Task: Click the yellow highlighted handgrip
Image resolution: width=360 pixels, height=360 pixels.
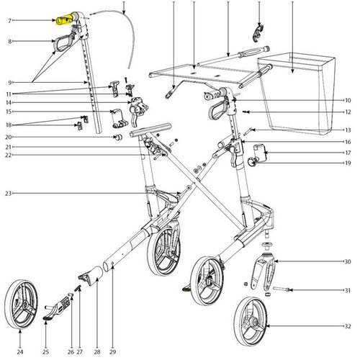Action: [x=64, y=19]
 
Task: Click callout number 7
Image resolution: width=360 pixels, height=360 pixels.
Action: [x=9, y=21]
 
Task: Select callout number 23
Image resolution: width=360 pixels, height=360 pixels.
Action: [x=8, y=194]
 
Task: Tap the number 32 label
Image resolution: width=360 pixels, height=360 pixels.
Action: [x=348, y=326]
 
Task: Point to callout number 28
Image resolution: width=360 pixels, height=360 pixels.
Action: [x=97, y=352]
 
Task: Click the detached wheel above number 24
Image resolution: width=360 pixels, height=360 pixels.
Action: [x=21, y=305]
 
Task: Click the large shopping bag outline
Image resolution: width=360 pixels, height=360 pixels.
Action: [x=297, y=94]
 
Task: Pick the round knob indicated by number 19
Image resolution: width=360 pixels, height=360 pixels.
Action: [x=252, y=161]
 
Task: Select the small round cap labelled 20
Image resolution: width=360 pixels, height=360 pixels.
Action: [x=118, y=138]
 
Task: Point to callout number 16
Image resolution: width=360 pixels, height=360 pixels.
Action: [x=348, y=142]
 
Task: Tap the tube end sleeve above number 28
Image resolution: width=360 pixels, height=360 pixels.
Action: [x=91, y=276]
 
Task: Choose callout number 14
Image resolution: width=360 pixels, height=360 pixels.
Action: [x=9, y=103]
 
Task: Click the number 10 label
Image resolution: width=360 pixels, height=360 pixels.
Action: [x=348, y=100]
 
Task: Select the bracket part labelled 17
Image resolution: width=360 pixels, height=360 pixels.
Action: [x=261, y=153]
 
